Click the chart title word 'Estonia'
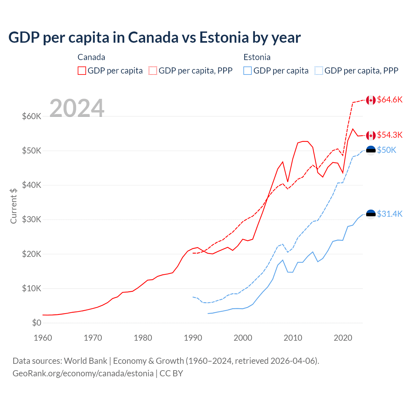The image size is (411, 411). [x=224, y=37]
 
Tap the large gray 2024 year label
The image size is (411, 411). [x=77, y=108]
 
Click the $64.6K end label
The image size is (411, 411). [x=389, y=100]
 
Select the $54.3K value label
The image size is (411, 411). [x=389, y=135]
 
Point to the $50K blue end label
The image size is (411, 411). [x=387, y=150]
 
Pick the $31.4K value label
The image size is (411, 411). [x=389, y=214]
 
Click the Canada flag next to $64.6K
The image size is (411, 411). [x=371, y=100]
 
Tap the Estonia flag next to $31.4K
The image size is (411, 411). [x=371, y=214]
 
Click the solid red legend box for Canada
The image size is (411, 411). [x=82, y=71]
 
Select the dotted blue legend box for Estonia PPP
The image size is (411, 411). [x=319, y=71]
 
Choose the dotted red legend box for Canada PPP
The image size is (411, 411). [x=153, y=71]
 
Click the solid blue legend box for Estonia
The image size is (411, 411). [x=248, y=71]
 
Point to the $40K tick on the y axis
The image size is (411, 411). [x=31, y=185]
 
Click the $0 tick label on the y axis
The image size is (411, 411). [x=37, y=323]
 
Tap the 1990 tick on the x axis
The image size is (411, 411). [x=193, y=338]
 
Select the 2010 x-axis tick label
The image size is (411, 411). [x=293, y=338]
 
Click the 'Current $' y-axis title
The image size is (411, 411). [x=13, y=206]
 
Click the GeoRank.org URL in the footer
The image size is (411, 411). [x=83, y=373]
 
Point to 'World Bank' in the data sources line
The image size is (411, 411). [x=85, y=361]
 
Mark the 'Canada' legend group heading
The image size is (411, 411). [x=91, y=57]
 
